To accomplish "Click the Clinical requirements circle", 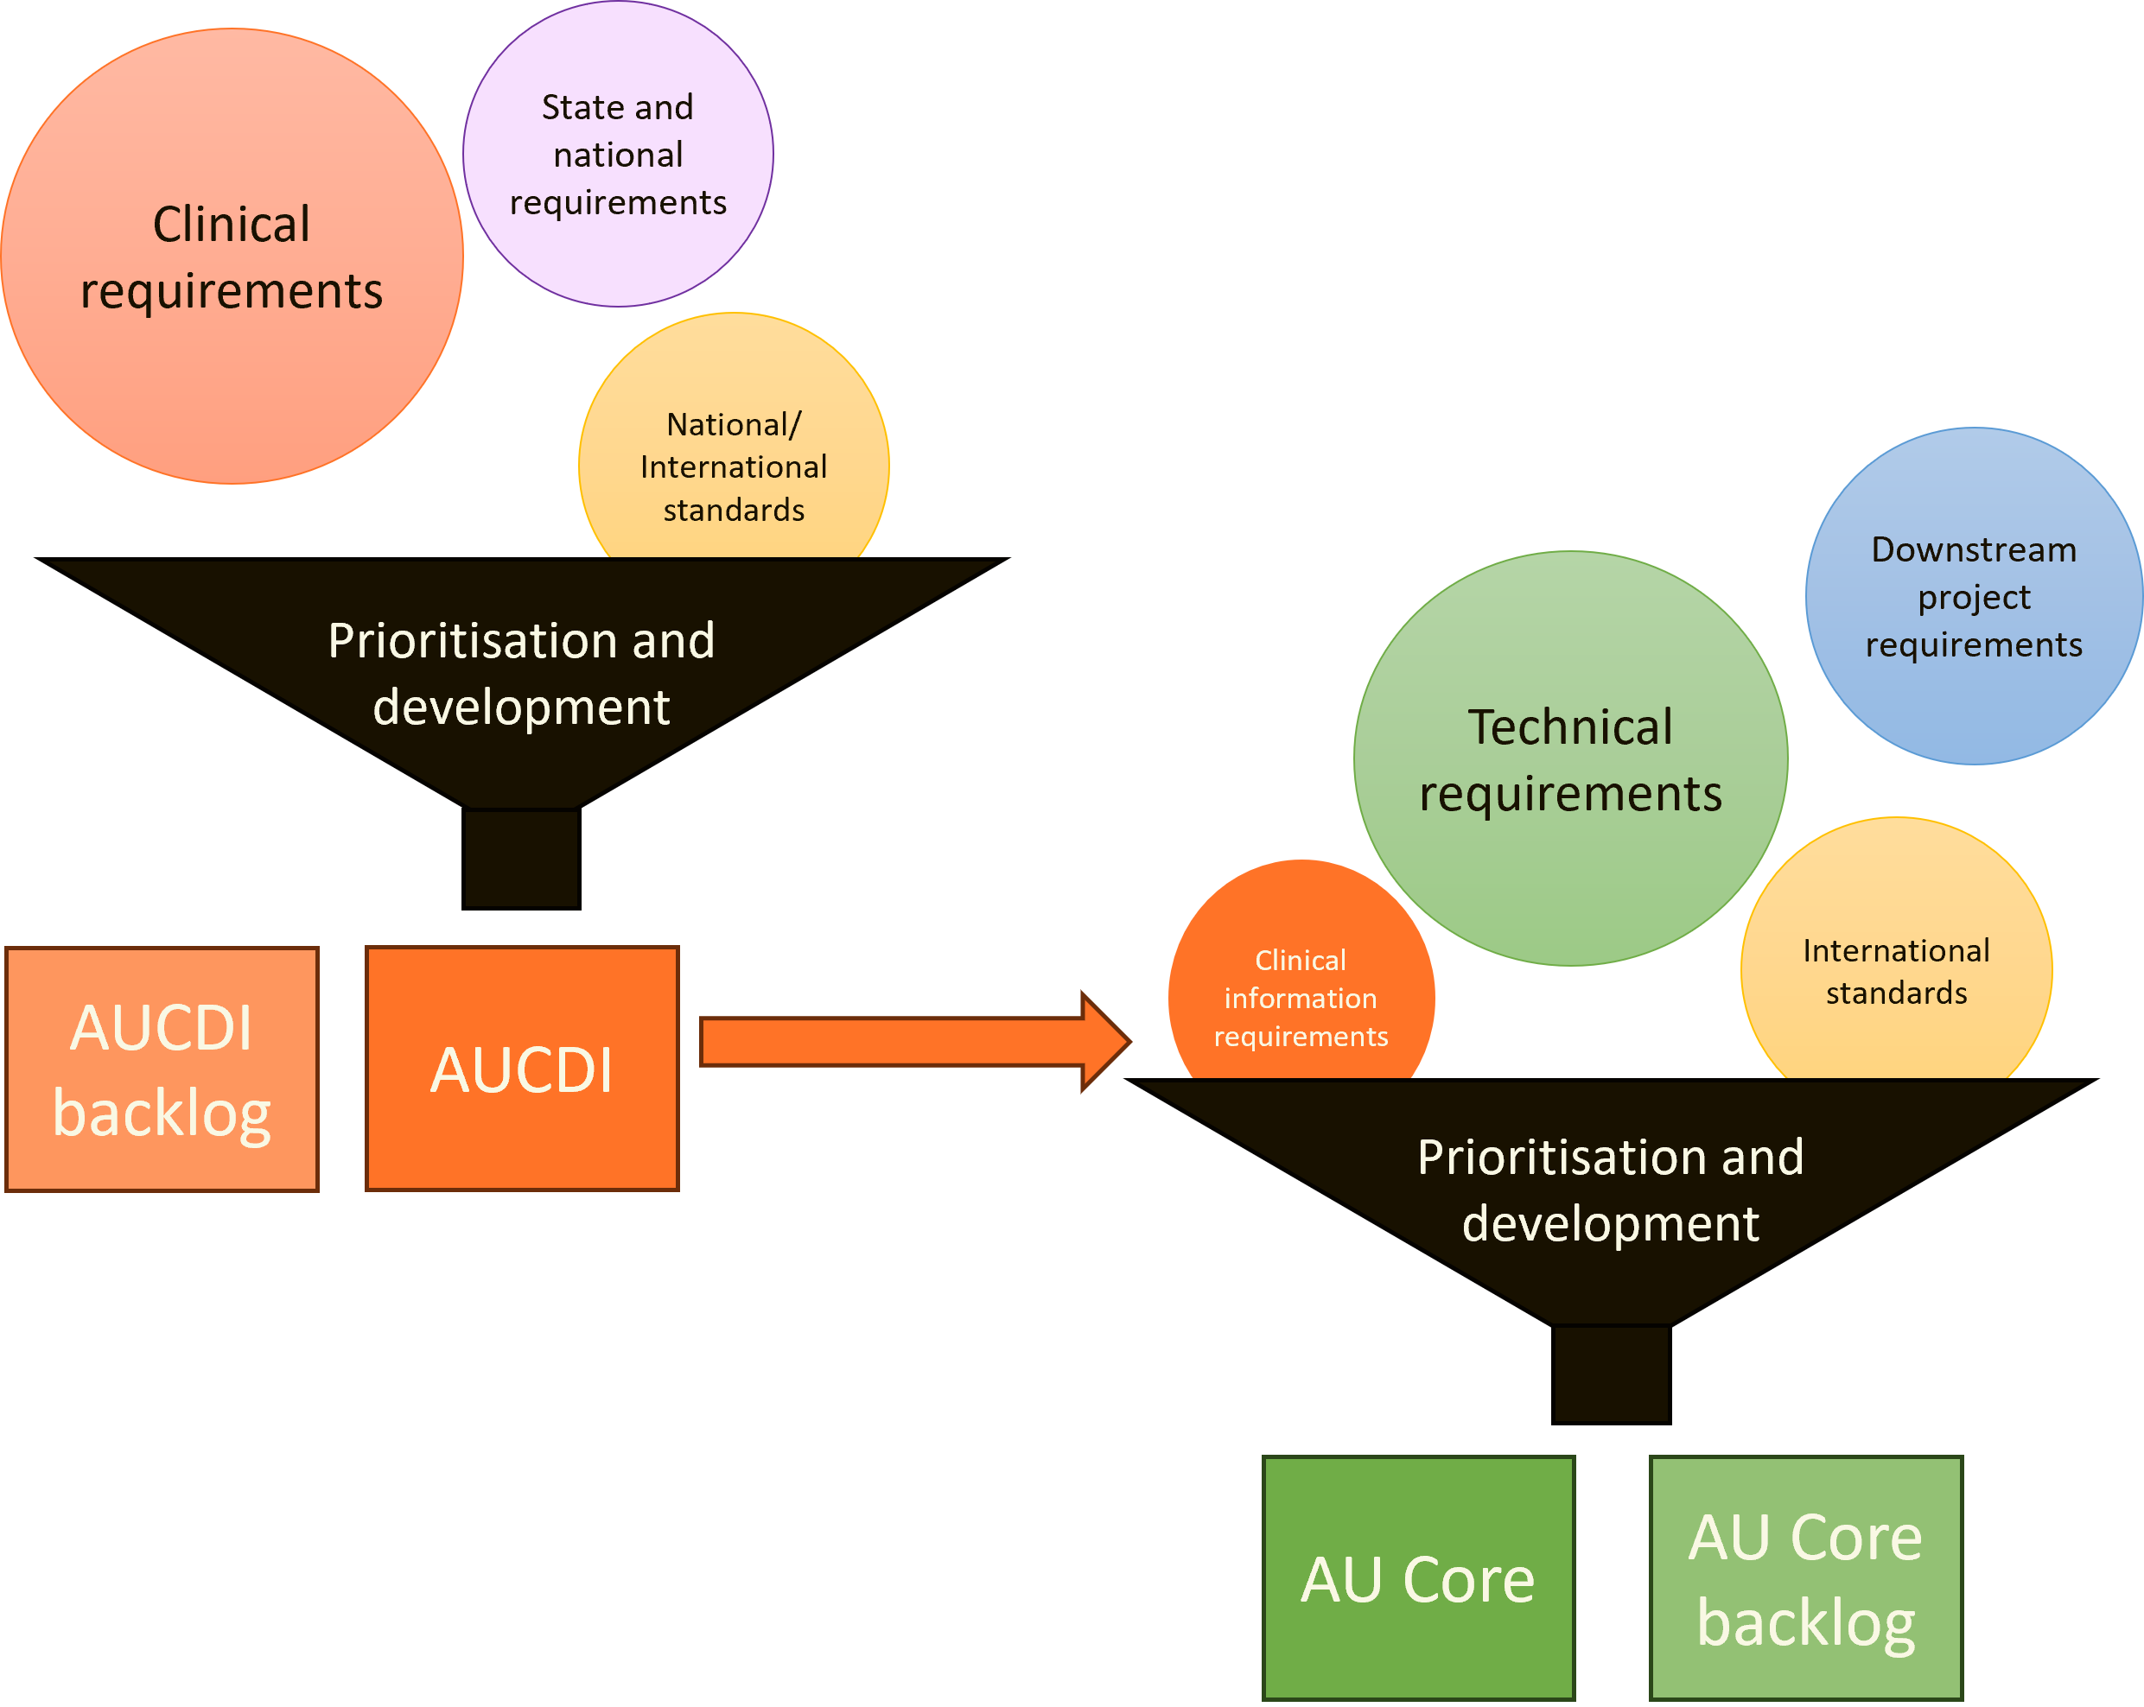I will click(232, 257).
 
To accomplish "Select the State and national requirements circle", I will click(618, 154).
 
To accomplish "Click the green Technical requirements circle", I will click(1570, 759).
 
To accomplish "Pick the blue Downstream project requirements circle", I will click(1973, 597).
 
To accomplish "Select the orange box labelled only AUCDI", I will click(522, 1069).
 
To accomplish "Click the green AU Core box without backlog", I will click(1418, 1579).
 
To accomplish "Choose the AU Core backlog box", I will click(1805, 1579).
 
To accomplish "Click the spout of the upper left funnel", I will click(521, 858).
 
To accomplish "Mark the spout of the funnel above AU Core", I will click(1610, 1374).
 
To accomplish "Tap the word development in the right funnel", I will click(1610, 1223).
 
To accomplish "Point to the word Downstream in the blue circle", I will click(1973, 549).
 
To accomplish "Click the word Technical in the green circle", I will click(1570, 727).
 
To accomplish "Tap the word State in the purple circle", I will click(573, 107).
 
